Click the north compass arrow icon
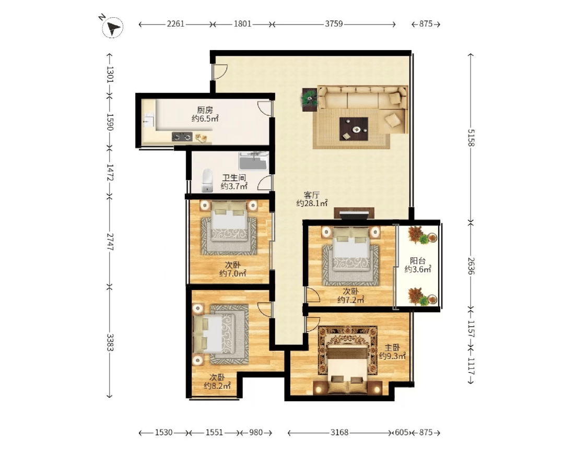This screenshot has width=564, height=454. pyautogui.click(x=113, y=27)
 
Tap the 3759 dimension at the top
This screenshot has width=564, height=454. pyautogui.click(x=334, y=24)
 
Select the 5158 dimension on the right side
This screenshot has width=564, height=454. pyautogui.click(x=471, y=137)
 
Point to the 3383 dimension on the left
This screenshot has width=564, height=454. pyautogui.click(x=110, y=342)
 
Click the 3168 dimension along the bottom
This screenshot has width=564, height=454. pyautogui.click(x=339, y=433)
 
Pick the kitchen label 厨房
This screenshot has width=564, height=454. pyautogui.click(x=205, y=110)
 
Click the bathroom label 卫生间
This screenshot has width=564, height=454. pyautogui.click(x=234, y=177)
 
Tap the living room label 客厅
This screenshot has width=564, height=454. pyautogui.click(x=311, y=195)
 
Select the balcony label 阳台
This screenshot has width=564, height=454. pyautogui.click(x=418, y=261)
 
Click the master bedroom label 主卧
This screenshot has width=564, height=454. pyautogui.click(x=392, y=348)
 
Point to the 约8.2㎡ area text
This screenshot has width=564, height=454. pyautogui.click(x=217, y=386)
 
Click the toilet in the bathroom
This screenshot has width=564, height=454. pyautogui.click(x=206, y=181)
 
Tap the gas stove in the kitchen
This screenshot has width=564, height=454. pyautogui.click(x=182, y=137)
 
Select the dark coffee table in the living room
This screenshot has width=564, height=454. pyautogui.click(x=354, y=129)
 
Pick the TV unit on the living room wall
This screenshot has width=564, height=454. pyautogui.click(x=354, y=213)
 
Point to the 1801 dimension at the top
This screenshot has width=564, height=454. pyautogui.click(x=242, y=24)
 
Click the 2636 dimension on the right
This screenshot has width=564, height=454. pyautogui.click(x=471, y=266)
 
